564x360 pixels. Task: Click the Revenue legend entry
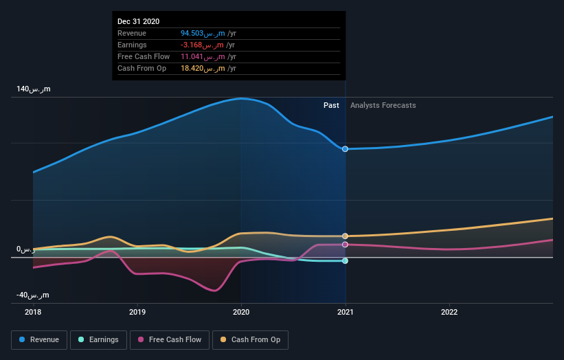pyautogui.click(x=39, y=339)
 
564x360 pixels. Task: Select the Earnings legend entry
pyautogui.click(x=98, y=339)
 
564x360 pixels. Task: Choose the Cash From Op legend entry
pyautogui.click(x=251, y=339)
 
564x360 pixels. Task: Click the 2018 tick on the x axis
pyautogui.click(x=33, y=311)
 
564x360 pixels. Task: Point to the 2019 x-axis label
pyautogui.click(x=137, y=311)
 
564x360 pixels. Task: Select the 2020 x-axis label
pyautogui.click(x=241, y=311)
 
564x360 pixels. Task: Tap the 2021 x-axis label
pyautogui.click(x=345, y=311)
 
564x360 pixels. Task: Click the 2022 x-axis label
pyautogui.click(x=449, y=311)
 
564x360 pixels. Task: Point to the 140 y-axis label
pyautogui.click(x=34, y=89)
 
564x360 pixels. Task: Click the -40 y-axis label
pyautogui.click(x=32, y=295)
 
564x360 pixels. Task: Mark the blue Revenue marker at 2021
pyautogui.click(x=345, y=149)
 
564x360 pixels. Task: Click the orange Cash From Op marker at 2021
pyautogui.click(x=345, y=236)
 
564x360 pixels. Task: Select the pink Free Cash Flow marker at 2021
pyautogui.click(x=345, y=245)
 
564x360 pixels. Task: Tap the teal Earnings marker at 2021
pyautogui.click(x=345, y=261)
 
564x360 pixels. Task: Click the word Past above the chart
pyautogui.click(x=331, y=105)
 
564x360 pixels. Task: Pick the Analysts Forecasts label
pyautogui.click(x=383, y=105)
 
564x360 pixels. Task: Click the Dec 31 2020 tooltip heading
pyautogui.click(x=138, y=21)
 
